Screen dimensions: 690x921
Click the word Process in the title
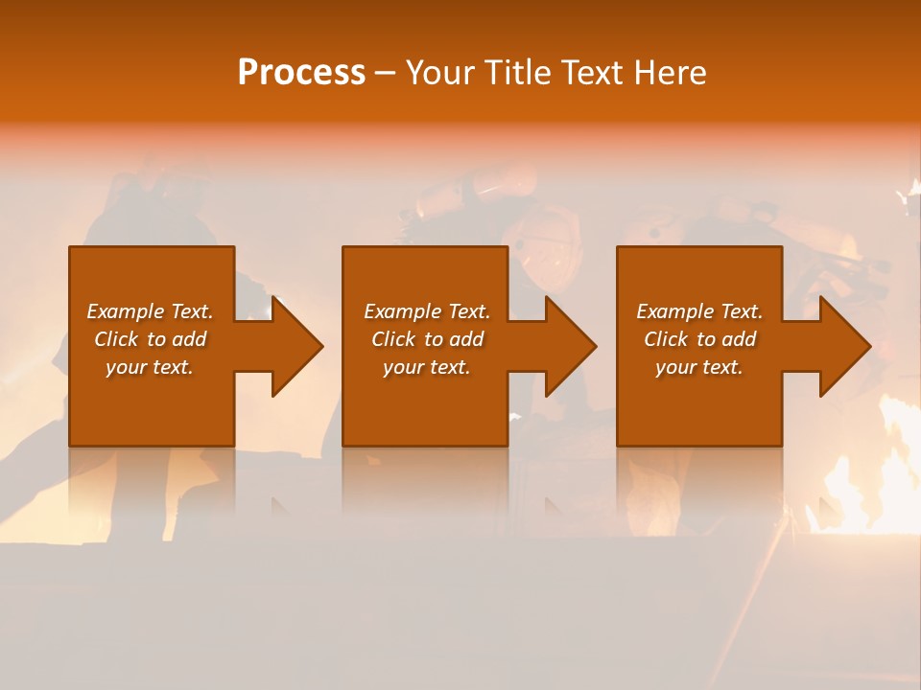point(301,73)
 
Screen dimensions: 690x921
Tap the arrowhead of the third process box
point(843,346)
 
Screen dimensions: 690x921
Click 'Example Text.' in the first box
point(150,311)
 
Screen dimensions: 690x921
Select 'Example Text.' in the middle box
point(427,311)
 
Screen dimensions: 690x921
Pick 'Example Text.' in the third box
point(699,311)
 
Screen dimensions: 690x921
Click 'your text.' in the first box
point(150,367)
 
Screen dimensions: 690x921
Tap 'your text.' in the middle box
point(427,367)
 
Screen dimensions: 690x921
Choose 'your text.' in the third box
point(699,367)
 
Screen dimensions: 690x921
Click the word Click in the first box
point(116,339)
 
